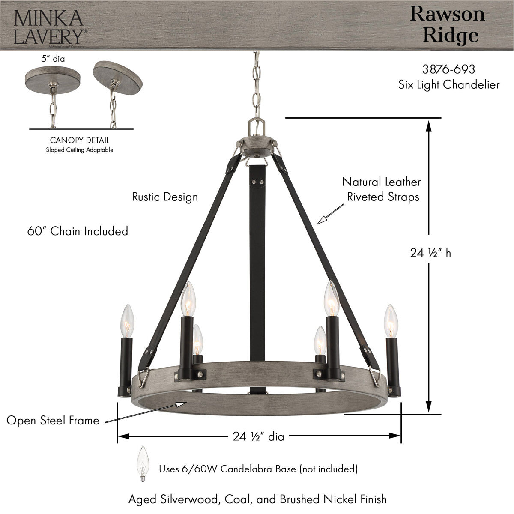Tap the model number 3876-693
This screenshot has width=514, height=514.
tap(448, 69)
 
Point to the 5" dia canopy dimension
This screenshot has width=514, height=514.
tap(53, 59)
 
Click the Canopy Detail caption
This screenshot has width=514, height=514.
tap(80, 140)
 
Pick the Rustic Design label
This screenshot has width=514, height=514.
tap(165, 197)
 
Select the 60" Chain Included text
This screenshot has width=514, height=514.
tap(78, 231)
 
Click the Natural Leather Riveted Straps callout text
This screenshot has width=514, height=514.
tap(382, 189)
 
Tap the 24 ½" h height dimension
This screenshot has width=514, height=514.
tap(430, 253)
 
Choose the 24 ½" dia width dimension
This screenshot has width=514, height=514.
tap(258, 436)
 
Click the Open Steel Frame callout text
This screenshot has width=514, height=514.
tap(53, 421)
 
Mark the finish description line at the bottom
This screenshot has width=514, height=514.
tap(257, 499)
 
